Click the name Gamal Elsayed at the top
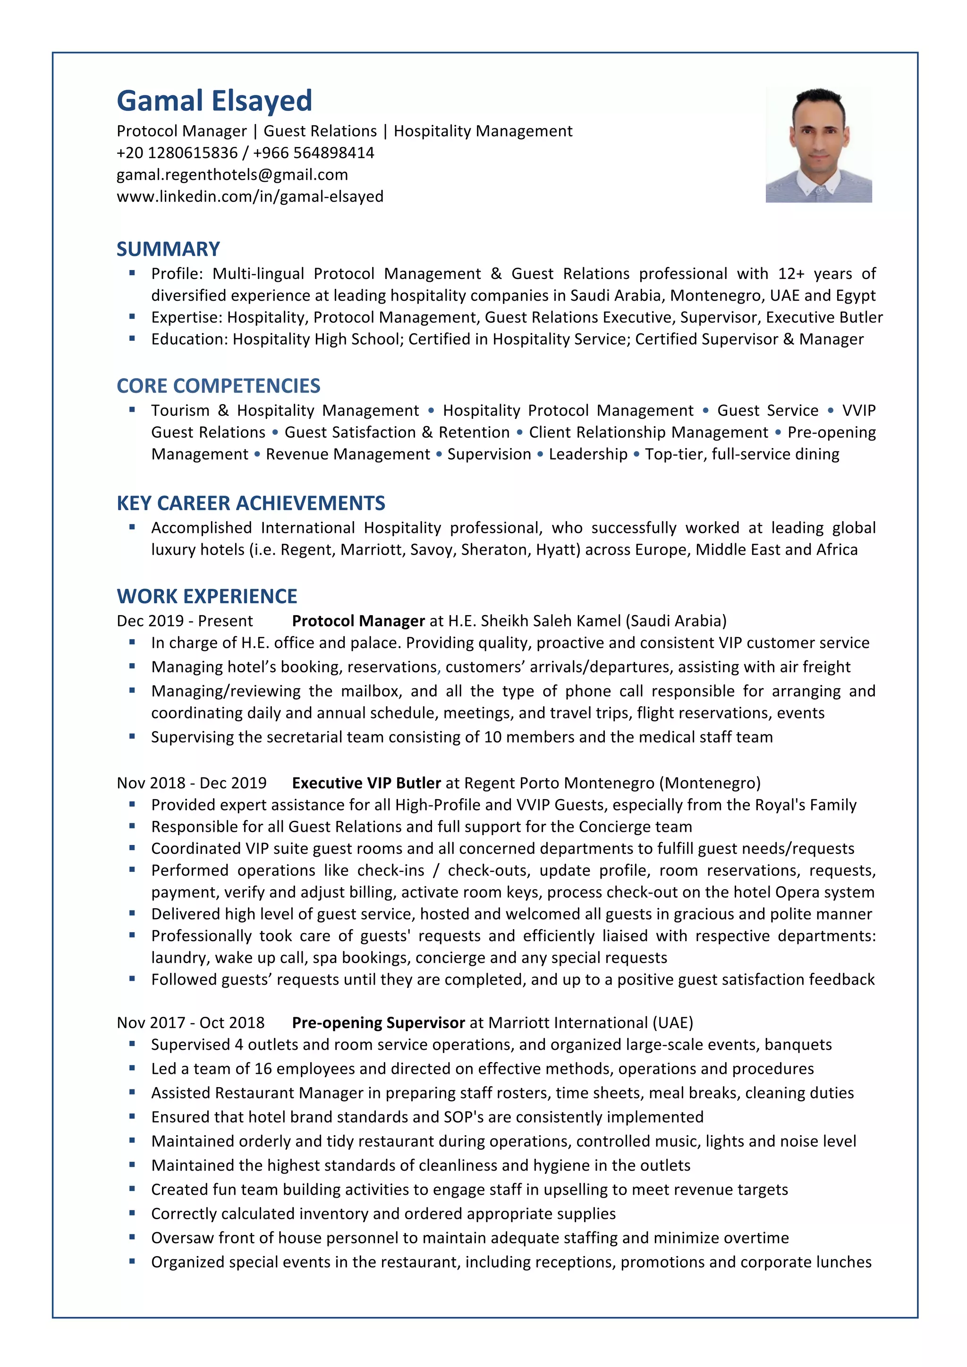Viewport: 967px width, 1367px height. (x=214, y=101)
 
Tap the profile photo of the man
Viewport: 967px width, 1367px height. (x=818, y=145)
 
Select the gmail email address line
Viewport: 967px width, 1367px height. (x=232, y=175)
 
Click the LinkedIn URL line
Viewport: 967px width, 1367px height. (x=250, y=196)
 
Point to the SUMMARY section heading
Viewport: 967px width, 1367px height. (x=168, y=249)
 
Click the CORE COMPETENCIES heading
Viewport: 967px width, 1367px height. (x=218, y=386)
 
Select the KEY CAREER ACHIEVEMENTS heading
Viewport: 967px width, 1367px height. (x=251, y=503)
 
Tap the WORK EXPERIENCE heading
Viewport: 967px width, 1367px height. (x=207, y=596)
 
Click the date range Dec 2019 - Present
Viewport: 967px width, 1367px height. (x=185, y=621)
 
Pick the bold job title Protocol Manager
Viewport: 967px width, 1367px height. (x=358, y=621)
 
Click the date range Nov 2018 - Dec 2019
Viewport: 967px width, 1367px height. (x=191, y=783)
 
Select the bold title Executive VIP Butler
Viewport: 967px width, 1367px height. (x=366, y=783)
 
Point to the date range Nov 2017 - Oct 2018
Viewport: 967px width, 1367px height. (x=191, y=1023)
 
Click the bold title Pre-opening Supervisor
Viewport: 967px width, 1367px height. (x=378, y=1023)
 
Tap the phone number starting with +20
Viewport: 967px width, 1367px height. (x=177, y=153)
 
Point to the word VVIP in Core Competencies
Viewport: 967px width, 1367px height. (x=858, y=411)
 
